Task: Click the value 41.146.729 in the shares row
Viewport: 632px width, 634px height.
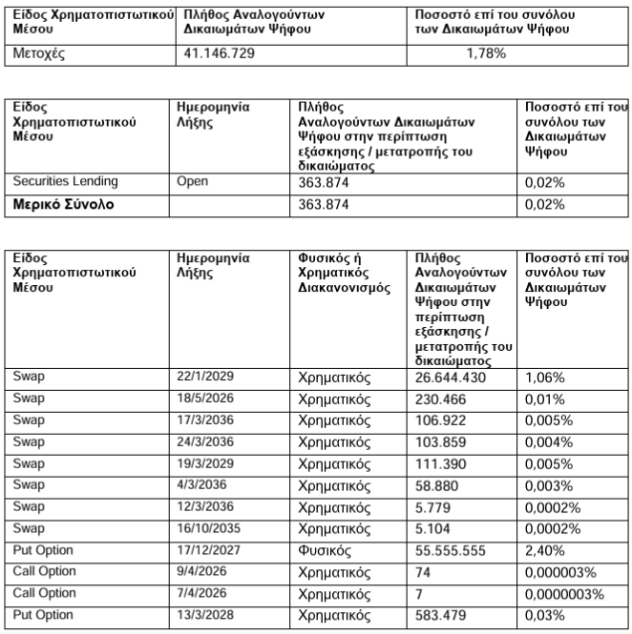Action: click(x=219, y=53)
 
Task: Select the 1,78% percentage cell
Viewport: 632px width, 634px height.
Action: click(x=486, y=53)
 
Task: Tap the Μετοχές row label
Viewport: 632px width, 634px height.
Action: click(x=37, y=53)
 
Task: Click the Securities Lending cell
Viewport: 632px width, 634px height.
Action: click(x=65, y=181)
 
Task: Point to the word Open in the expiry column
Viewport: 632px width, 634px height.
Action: click(x=194, y=181)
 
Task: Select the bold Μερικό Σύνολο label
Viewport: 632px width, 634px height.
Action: click(x=63, y=204)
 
